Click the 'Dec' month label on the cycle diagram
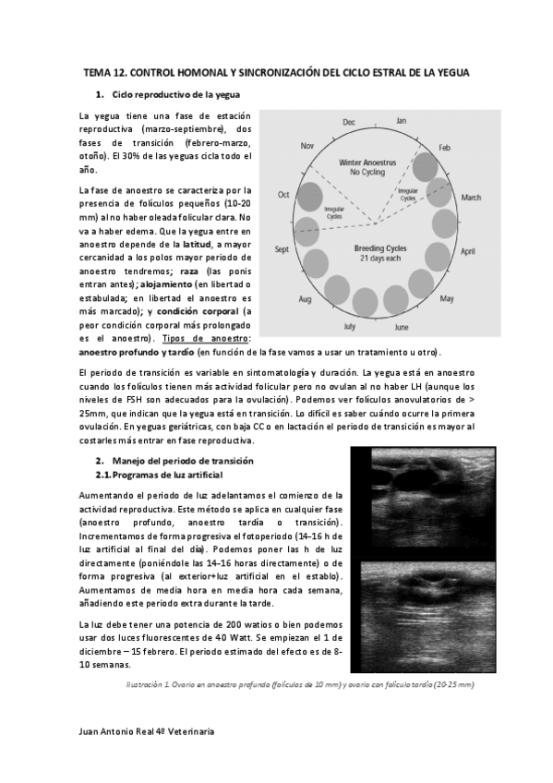point(349,122)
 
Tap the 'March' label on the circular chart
point(471,198)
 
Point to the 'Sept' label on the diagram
point(283,249)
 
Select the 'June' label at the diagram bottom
point(402,327)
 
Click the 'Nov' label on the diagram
point(308,146)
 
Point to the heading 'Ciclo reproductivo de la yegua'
point(175,95)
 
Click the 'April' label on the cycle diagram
point(467,251)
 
